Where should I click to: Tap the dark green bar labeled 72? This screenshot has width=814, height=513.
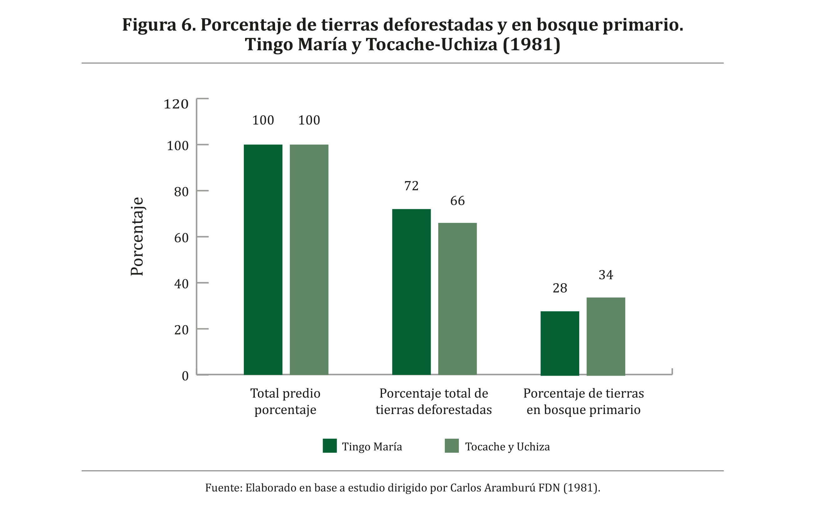click(x=411, y=292)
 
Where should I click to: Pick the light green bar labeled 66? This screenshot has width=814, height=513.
click(x=457, y=298)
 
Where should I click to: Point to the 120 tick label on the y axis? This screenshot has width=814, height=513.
click(x=176, y=104)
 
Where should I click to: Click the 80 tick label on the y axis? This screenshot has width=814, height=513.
click(x=181, y=192)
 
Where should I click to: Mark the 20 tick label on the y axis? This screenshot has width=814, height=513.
click(x=181, y=330)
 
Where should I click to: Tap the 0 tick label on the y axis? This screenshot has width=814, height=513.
click(x=185, y=376)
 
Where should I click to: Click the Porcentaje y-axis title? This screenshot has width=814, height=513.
click(x=137, y=236)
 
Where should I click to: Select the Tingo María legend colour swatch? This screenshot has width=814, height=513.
click(x=329, y=446)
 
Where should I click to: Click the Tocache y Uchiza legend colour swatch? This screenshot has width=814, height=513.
click(x=451, y=446)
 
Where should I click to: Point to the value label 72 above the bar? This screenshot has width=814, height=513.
click(x=411, y=186)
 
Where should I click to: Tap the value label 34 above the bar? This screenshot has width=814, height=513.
click(x=605, y=275)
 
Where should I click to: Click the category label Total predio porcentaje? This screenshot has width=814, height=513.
click(x=285, y=401)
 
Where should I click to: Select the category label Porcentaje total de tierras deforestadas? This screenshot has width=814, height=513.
click(x=433, y=401)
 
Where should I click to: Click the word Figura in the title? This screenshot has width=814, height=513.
click(x=149, y=25)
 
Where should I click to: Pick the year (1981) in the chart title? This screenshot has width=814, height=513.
click(x=531, y=44)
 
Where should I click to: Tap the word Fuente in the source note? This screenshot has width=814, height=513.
click(x=223, y=488)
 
